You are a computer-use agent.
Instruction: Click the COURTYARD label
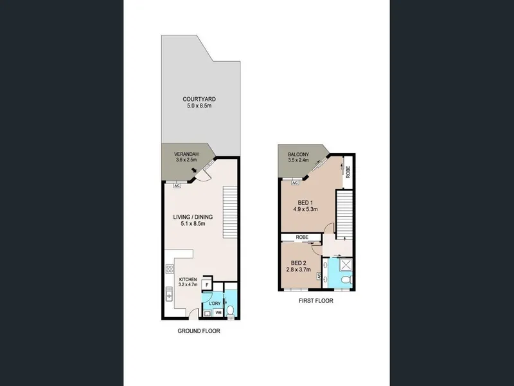199,99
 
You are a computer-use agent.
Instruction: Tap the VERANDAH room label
186,154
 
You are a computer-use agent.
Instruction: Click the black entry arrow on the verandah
195,170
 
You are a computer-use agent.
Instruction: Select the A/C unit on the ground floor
177,186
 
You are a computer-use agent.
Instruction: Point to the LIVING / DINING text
193,217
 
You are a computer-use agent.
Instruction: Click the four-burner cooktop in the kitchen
170,269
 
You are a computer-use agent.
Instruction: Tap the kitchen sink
169,294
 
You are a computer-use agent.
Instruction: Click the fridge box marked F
207,285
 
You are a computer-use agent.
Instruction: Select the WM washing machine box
218,313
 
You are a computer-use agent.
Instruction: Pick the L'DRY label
215,304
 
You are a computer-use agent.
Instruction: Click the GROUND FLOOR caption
199,331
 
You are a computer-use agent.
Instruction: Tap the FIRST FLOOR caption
315,300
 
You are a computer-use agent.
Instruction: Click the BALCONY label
298,154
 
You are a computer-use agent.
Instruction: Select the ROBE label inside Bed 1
348,172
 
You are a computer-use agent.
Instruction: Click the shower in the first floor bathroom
346,265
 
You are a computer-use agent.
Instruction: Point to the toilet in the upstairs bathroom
346,280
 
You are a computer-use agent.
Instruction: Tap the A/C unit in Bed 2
318,277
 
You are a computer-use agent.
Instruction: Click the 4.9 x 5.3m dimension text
305,209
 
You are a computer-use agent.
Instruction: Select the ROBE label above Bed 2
301,237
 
